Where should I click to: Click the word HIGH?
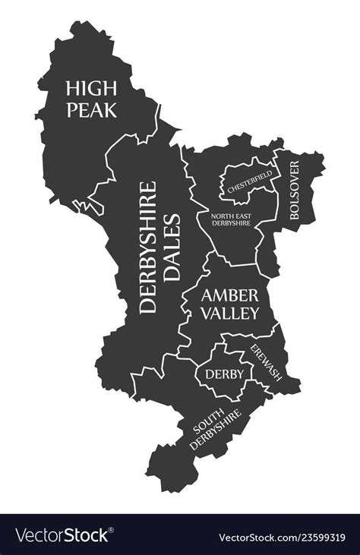[91, 88]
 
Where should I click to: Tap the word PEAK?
[91, 109]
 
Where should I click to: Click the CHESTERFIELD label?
[248, 182]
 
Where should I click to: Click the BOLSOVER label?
[295, 191]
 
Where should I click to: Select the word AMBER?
[230, 295]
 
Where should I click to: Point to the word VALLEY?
[230, 313]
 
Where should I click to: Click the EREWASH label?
[264, 363]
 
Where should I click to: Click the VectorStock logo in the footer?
[61, 535]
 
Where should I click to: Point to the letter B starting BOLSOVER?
[295, 216]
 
